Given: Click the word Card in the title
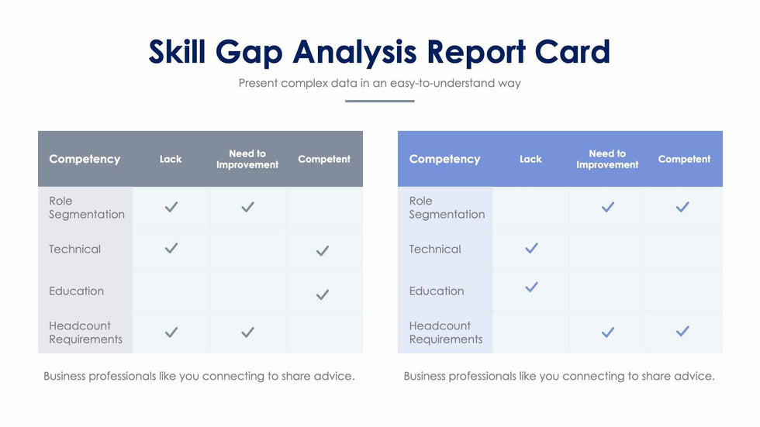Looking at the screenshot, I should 572,52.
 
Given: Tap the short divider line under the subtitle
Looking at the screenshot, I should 379,101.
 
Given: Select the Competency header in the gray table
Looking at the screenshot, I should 85,159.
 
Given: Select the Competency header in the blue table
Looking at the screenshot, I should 444,159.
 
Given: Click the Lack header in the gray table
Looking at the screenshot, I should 171,159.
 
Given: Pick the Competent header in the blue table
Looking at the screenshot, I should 684,159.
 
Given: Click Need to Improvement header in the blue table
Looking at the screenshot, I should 607,159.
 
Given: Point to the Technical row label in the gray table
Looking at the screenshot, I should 74,249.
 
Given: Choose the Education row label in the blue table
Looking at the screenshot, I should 437,291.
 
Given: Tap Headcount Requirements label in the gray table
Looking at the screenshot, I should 85,332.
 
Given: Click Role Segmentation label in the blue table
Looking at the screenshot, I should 447,208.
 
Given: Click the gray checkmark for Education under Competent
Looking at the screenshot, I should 323,294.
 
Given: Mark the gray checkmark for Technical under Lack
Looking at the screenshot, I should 171,248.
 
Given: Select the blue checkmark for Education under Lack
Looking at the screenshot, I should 531,287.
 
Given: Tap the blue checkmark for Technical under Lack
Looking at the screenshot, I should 531,248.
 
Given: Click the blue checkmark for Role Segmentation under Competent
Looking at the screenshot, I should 682,207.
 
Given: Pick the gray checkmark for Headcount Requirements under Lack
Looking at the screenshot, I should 171,332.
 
